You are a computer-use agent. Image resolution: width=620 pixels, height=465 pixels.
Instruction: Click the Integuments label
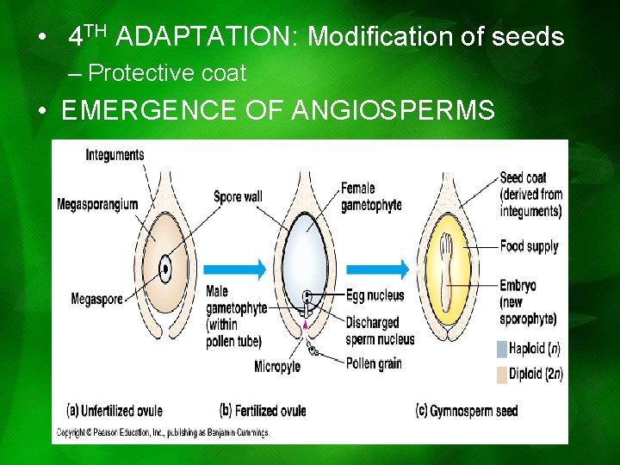(115, 155)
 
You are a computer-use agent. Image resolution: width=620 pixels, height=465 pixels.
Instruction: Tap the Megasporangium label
(97, 205)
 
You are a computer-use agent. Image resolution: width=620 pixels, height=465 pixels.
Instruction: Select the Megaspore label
(96, 300)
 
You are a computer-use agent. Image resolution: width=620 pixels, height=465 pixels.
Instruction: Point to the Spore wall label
(238, 197)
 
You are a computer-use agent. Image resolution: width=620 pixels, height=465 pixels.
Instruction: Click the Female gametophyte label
(370, 197)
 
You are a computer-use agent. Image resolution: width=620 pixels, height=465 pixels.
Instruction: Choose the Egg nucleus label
(375, 295)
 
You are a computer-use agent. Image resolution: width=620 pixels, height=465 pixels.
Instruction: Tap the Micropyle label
(276, 367)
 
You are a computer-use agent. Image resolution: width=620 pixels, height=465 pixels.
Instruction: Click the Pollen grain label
(374, 363)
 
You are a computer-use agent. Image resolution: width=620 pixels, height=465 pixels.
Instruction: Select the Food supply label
(529, 246)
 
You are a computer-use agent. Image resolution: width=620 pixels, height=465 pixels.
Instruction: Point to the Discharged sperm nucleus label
(380, 331)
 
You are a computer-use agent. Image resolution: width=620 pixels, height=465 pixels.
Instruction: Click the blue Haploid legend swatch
(502, 349)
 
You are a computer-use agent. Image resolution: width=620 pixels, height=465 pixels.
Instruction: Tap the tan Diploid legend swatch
(502, 374)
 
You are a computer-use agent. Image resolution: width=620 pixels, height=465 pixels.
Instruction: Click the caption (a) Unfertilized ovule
(120, 410)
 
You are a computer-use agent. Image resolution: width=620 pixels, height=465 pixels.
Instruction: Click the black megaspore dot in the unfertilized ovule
(164, 268)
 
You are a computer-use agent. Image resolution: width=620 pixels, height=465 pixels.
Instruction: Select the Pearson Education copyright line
(163, 432)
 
